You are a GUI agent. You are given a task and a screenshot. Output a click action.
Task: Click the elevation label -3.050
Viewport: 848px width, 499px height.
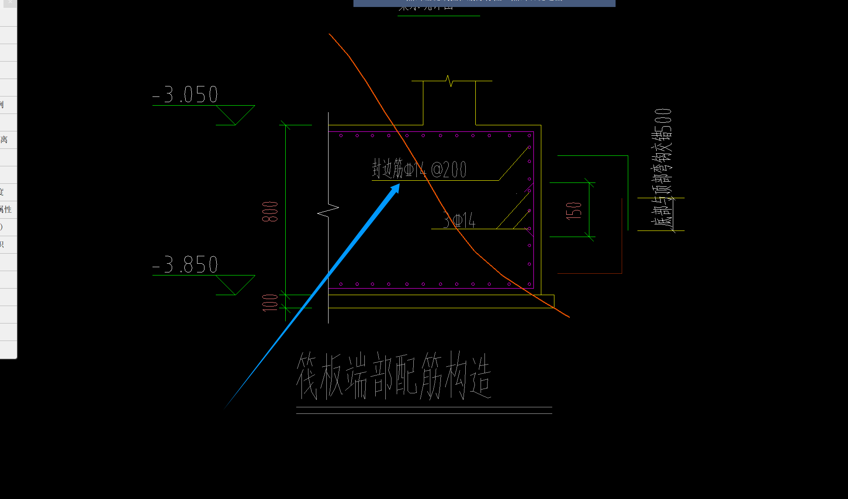(x=185, y=94)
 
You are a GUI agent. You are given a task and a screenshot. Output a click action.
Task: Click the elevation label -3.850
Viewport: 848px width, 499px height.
(x=185, y=265)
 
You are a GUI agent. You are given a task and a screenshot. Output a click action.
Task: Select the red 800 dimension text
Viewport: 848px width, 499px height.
(x=270, y=212)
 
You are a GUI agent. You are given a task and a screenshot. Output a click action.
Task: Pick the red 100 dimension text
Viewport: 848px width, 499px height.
(x=270, y=303)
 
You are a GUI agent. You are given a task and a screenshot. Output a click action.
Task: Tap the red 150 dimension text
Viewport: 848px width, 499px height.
(x=574, y=210)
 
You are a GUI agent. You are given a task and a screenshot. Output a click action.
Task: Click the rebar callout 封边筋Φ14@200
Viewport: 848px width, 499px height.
(x=419, y=169)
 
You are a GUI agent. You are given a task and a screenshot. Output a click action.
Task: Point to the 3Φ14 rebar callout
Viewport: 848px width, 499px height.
(x=459, y=220)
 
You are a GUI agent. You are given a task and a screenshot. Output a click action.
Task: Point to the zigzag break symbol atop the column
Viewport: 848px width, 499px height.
(x=449, y=81)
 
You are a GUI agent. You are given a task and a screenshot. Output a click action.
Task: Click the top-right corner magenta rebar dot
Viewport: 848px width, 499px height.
(x=530, y=136)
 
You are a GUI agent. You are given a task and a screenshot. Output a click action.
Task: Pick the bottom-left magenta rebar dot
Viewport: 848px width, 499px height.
(x=341, y=284)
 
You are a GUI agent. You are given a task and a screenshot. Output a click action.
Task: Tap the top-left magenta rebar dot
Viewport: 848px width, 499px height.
(x=341, y=136)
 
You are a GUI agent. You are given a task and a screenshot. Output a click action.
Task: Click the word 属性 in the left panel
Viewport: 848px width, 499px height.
(x=6, y=210)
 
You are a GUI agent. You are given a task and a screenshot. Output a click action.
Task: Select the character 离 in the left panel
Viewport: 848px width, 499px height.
(x=4, y=140)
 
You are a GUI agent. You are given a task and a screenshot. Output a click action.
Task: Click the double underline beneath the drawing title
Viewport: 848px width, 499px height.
(x=424, y=410)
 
